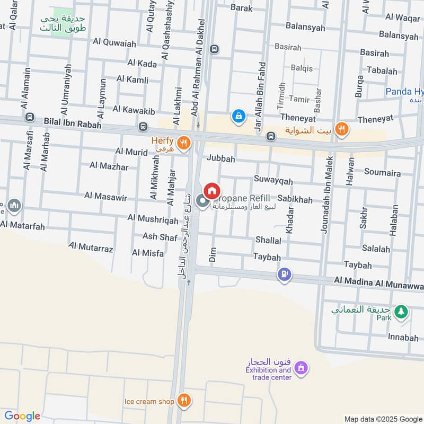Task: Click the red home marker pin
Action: coord(212,191)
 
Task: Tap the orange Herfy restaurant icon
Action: coord(183,142)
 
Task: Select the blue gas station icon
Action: coord(285,274)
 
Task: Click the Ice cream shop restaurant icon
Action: coord(183,401)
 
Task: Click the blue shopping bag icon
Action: coord(238,116)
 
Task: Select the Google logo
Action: coord(22,416)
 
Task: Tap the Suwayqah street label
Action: coord(273,181)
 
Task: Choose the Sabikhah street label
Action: coord(295,200)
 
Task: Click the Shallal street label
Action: coord(268,240)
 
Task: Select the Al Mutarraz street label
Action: coord(91,248)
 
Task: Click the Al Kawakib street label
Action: coord(134,110)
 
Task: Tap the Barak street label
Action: coord(241,7)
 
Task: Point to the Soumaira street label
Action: coord(382,172)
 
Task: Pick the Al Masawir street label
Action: coord(105,196)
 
